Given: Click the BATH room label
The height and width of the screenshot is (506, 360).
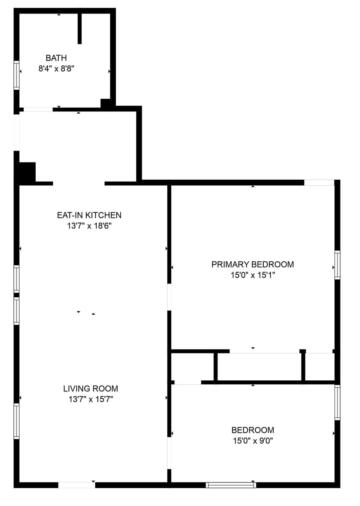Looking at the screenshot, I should pos(56,58).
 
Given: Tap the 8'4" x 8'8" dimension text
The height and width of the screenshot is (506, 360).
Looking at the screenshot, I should pos(56,69).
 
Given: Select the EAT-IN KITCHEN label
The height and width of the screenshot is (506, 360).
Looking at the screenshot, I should pos(89,215).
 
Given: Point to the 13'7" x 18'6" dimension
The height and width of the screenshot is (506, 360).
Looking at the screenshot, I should pos(89,226).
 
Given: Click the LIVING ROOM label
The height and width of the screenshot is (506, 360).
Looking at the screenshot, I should pos(90,389).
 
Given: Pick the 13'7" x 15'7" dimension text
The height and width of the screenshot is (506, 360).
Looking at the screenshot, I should pos(90,399).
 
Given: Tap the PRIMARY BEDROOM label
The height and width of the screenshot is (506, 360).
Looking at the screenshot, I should pos(252,264).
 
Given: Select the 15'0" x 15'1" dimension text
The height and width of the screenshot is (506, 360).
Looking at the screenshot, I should pos(252,275).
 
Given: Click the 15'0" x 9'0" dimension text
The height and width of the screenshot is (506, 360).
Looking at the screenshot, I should pos(252,441).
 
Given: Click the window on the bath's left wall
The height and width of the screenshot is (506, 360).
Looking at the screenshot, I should pos(16,75).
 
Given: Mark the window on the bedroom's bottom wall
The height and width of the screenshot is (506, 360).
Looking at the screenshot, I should pos(231,485).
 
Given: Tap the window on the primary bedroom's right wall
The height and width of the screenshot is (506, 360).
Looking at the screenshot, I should pos(337,265).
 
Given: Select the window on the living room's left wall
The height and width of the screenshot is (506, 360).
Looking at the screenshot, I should pos(16,421).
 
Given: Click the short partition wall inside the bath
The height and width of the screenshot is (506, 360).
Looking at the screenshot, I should pos(79,29).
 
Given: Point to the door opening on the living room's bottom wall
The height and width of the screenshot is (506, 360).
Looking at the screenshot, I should pos(76,485).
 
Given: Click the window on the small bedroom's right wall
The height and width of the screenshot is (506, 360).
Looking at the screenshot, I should pos(337,402).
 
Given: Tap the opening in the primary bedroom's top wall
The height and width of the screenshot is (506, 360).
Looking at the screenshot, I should pos(319,183).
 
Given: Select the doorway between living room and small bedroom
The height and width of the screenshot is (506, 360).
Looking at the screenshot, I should pos(169,453).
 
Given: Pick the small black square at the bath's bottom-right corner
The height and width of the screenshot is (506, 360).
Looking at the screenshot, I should pos(105,103).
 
